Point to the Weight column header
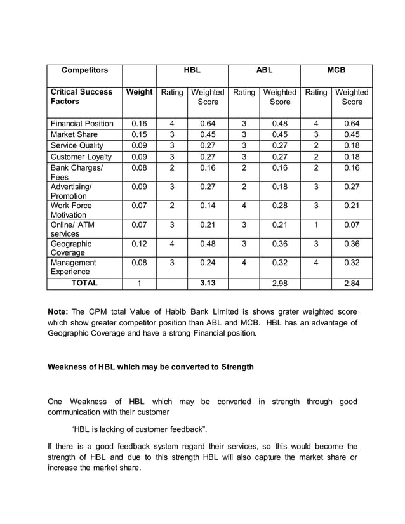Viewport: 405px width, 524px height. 139,92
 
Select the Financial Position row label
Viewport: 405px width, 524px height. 82,123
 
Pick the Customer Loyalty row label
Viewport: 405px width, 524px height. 81,156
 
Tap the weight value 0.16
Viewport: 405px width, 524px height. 139,123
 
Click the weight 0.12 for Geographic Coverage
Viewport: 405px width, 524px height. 139,244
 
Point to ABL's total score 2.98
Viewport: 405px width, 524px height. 280,284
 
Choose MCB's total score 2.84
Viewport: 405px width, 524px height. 352,284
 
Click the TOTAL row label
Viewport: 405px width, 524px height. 84,283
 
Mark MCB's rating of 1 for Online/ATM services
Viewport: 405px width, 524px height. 316,225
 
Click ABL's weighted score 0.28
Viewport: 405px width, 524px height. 280,206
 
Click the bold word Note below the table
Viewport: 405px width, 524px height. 59,311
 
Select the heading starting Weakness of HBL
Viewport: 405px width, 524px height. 151,367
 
